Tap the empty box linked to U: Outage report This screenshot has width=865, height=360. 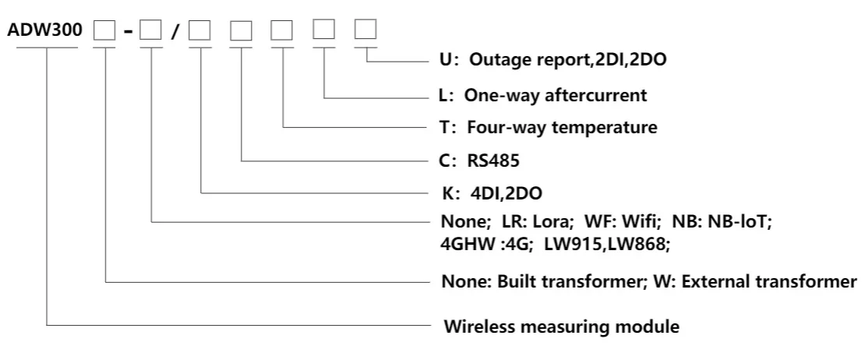point(365,31)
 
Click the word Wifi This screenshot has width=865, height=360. point(620,221)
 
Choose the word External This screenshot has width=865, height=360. point(717,280)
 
